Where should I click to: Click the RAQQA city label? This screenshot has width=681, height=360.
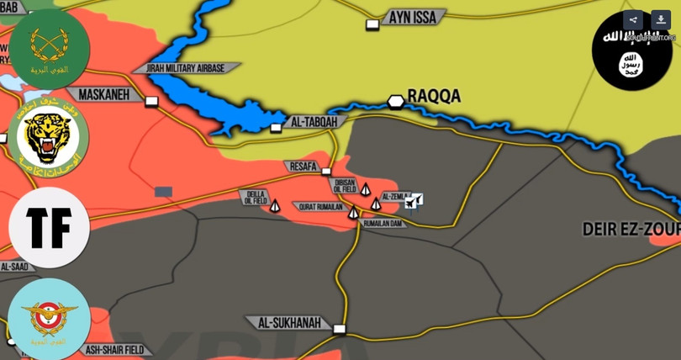pyautogui.click(x=434, y=97)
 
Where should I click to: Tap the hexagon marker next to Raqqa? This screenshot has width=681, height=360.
pyautogui.click(x=395, y=101)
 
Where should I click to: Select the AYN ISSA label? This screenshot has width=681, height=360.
pyautogui.click(x=412, y=17)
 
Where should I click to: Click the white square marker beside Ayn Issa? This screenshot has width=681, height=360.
pyautogui.click(x=372, y=25)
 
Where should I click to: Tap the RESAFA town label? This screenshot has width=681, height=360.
pyautogui.click(x=304, y=167)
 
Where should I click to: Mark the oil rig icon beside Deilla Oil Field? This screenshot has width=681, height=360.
pyautogui.click(x=275, y=204)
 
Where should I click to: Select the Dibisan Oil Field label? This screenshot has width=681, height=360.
pyautogui.click(x=345, y=187)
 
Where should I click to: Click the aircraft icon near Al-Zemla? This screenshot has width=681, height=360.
pyautogui.click(x=413, y=201)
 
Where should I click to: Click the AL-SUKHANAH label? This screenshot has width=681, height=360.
pyautogui.click(x=288, y=323)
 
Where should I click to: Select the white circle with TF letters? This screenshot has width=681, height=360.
pyautogui.click(x=49, y=228)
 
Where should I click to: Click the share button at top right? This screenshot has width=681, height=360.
pyautogui.click(x=633, y=21)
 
